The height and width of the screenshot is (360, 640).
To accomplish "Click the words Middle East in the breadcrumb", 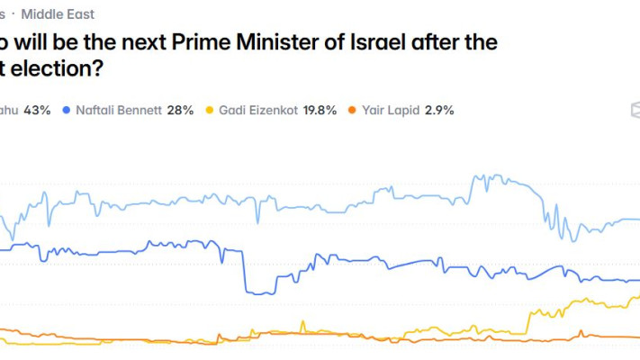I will click(58, 14).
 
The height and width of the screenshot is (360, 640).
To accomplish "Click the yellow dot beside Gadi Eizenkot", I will click(210, 111).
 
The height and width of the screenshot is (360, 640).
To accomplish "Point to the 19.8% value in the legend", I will click(319, 111).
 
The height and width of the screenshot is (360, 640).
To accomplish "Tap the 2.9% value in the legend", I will click(438, 111).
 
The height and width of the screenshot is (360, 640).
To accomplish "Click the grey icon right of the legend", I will click(635, 110).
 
